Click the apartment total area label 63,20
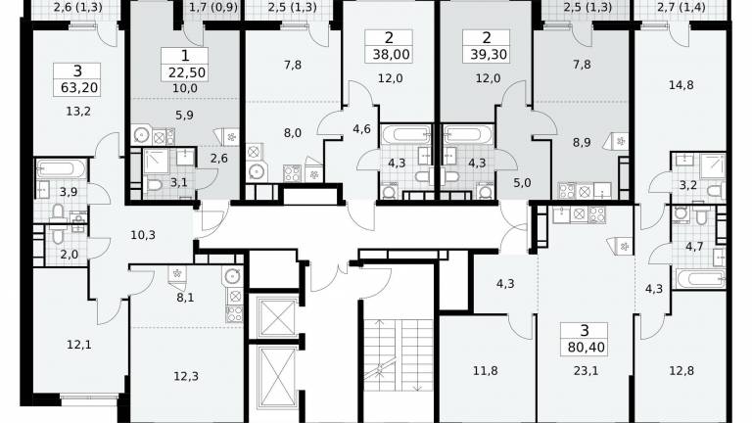[x=79, y=88]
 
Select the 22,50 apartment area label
[x=187, y=72]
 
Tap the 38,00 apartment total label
[x=392, y=55]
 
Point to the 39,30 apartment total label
[x=489, y=55]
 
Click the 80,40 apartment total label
[x=587, y=348]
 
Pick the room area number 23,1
[x=587, y=371]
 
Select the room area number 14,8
[x=681, y=85]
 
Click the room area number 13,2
[x=78, y=112]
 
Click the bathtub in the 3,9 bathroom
[x=62, y=168]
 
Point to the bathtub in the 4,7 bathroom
[x=700, y=279]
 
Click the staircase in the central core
[x=399, y=354]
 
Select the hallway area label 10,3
[x=143, y=235]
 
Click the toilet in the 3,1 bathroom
[x=155, y=185]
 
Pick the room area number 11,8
[x=486, y=371]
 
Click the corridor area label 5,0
[x=522, y=183]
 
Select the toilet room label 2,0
[x=70, y=255]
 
